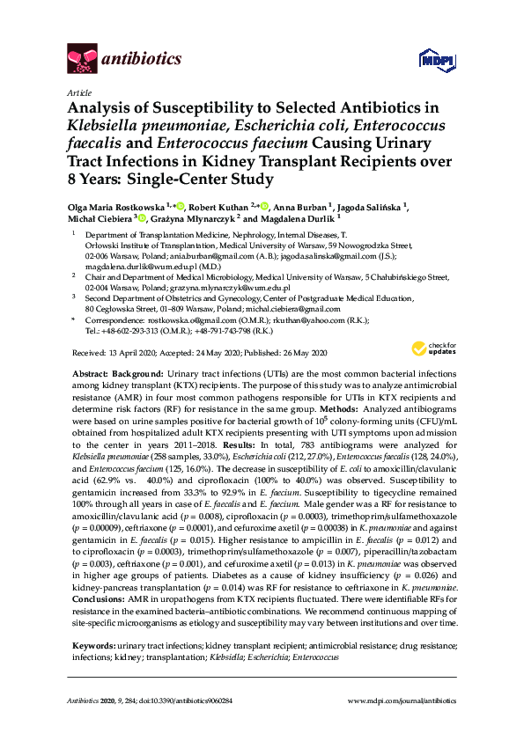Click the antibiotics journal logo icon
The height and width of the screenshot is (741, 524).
82,59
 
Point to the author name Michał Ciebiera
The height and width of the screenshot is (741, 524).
96,218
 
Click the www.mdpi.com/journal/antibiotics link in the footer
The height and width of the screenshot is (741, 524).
402,701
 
